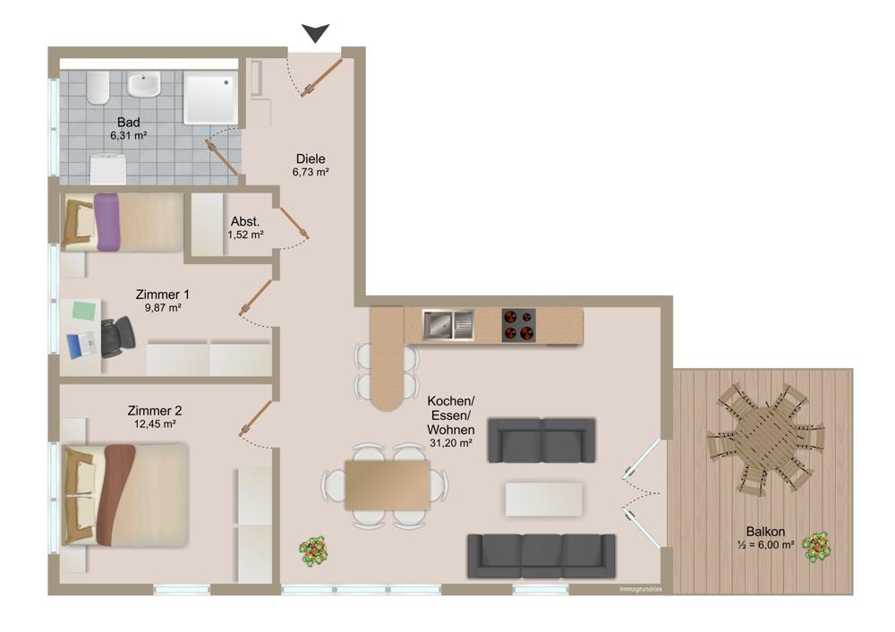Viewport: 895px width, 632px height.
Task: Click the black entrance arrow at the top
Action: coord(315,33)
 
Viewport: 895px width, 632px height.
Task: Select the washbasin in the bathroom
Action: coord(143,85)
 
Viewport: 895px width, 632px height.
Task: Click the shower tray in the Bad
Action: coord(211,98)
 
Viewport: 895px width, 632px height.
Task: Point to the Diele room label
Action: coord(311,158)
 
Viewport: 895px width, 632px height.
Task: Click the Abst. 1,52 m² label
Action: coord(245,228)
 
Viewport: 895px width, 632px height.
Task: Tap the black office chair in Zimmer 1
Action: coord(116,337)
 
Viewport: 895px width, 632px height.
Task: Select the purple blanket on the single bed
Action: coord(107,221)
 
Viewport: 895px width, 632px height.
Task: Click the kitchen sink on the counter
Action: coord(448,325)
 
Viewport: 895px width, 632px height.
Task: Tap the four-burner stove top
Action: coord(517,325)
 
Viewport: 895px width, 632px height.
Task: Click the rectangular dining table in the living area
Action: coord(388,485)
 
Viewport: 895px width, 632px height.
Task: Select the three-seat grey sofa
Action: coord(541,556)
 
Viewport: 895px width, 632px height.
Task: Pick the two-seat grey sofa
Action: coord(541,440)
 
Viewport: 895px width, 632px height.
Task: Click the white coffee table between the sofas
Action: coord(544,499)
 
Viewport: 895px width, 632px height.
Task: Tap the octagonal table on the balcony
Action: coord(763,439)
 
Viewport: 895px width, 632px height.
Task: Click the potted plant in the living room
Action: coord(312,551)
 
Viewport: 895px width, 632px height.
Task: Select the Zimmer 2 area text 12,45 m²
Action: coord(158,426)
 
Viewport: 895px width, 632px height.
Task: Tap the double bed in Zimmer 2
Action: coord(125,495)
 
